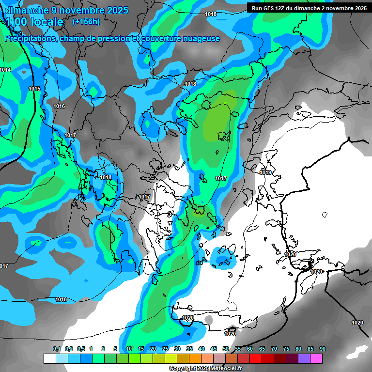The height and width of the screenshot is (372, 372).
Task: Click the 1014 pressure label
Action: [5, 70]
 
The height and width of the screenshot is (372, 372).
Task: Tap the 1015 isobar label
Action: [34, 89]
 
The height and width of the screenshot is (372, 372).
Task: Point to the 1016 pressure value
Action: [59, 106]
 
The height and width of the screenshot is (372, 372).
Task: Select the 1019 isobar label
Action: [265, 173]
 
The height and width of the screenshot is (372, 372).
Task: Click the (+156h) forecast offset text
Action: [86, 21]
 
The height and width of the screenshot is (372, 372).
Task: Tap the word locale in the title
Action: [46, 22]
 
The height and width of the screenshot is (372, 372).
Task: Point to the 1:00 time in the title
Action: [16, 22]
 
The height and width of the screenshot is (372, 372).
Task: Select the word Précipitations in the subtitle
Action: [30, 38]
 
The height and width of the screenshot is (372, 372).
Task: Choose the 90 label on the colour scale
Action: [323, 349]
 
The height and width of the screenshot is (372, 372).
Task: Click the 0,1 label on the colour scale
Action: [57, 349]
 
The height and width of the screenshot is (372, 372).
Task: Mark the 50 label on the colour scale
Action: [226, 349]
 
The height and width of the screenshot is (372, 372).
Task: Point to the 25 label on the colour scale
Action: [165, 349]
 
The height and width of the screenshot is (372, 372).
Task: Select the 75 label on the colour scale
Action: [286, 349]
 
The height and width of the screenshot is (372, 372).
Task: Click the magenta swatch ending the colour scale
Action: [316, 358]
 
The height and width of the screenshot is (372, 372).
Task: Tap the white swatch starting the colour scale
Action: [50, 358]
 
